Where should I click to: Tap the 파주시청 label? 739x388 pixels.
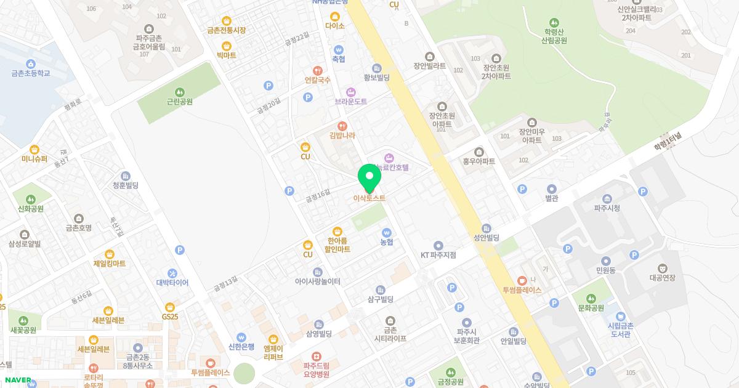click(x=607, y=208)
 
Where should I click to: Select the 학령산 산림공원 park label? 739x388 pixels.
click(x=554, y=36)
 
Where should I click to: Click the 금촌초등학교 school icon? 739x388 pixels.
click(x=31, y=63)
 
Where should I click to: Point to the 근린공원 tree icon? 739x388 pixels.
click(x=179, y=92)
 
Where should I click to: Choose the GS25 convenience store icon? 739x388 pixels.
click(x=170, y=307)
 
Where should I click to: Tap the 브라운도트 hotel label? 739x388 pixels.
click(x=350, y=101)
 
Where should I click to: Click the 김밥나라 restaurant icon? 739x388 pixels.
click(x=342, y=126)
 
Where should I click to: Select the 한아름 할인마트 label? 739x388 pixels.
click(x=334, y=245)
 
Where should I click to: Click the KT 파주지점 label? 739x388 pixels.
click(x=438, y=255)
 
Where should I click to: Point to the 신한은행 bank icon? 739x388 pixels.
click(x=241, y=337)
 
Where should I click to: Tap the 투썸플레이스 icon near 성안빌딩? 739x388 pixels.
click(x=522, y=281)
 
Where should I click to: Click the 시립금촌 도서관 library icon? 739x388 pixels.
click(x=621, y=316)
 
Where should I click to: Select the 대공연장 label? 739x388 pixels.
click(x=662, y=278)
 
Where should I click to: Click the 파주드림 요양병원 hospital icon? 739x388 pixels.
click(x=316, y=356)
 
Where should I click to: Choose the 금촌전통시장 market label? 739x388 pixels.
click(x=226, y=30)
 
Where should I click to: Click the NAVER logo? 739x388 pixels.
click(x=18, y=380)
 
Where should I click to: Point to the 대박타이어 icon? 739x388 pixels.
click(x=172, y=273)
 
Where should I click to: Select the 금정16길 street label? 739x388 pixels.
click(x=318, y=195)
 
